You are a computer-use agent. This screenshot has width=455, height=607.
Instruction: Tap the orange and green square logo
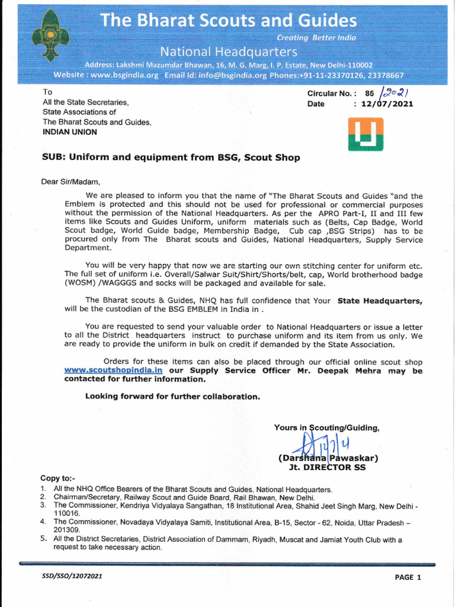click(x=365, y=133)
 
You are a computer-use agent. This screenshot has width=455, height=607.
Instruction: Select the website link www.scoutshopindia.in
click(x=113, y=370)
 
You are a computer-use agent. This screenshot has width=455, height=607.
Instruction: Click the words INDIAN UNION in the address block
click(x=69, y=132)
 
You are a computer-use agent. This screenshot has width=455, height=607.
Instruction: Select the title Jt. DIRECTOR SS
click(x=326, y=467)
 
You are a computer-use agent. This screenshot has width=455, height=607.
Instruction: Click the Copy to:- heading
click(x=57, y=478)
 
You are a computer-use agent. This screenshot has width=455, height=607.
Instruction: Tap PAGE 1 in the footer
click(x=408, y=577)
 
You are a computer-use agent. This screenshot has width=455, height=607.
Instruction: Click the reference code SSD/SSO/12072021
click(x=68, y=575)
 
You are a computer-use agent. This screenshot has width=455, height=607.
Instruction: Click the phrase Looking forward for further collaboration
click(x=172, y=396)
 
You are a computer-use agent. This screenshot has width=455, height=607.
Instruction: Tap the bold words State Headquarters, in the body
click(x=380, y=301)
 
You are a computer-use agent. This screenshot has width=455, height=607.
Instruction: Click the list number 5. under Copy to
click(x=43, y=539)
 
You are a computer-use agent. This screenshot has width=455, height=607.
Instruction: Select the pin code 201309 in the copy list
click(x=66, y=529)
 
